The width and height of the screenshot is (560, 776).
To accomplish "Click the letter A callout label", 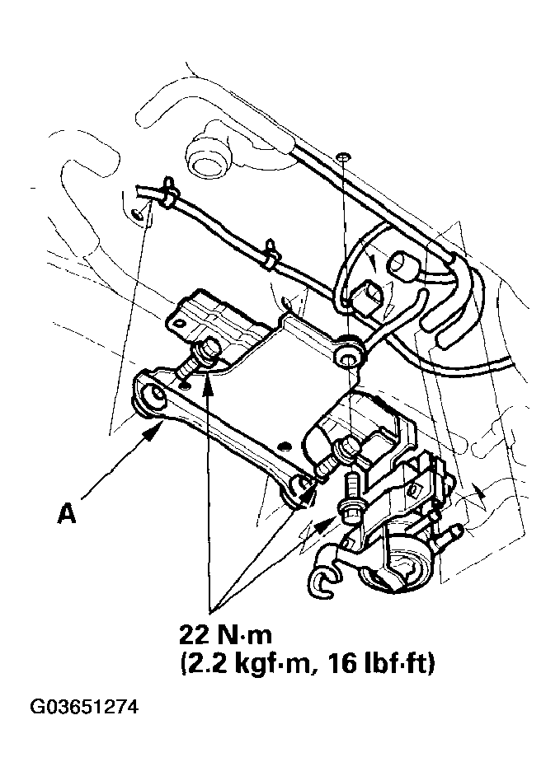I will tap(67, 514).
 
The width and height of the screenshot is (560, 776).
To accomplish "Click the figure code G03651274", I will tap(84, 708).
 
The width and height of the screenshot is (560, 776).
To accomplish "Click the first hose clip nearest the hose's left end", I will tap(169, 191).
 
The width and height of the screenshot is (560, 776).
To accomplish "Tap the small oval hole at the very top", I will tap(342, 156).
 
